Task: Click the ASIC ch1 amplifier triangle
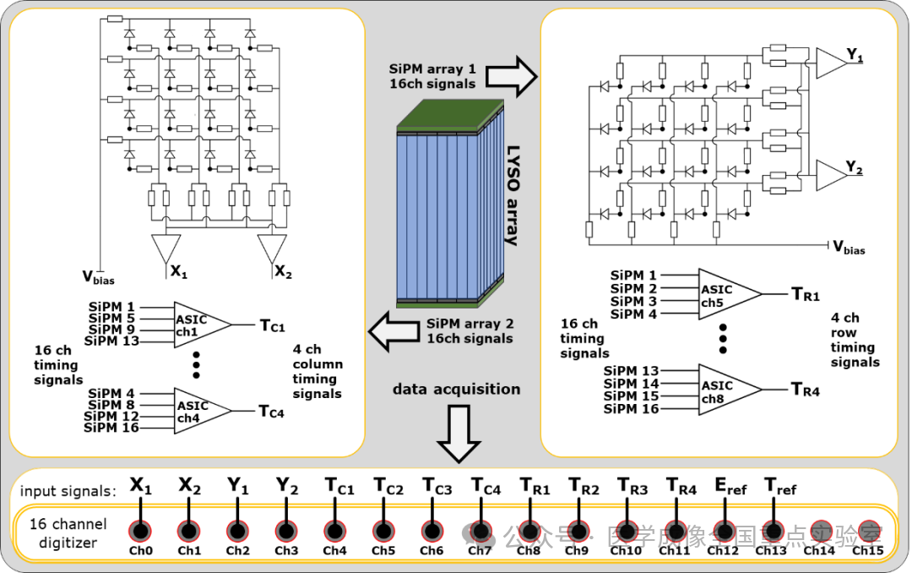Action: pyautogui.click(x=199, y=322)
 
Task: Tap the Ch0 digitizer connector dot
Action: pyautogui.click(x=141, y=531)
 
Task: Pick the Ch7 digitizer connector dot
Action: pyautogui.click(x=480, y=531)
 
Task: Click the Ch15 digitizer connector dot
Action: pyautogui.click(x=868, y=531)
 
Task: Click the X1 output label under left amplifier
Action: pyautogui.click(x=177, y=272)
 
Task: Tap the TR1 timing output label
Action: pyautogui.click(x=805, y=294)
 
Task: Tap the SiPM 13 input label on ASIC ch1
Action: pyautogui.click(x=111, y=341)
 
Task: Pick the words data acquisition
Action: pyautogui.click(x=456, y=390)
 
